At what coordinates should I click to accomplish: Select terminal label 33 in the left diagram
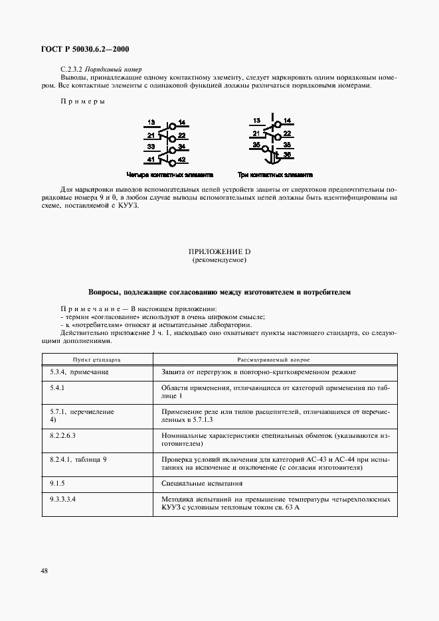pos(151,146)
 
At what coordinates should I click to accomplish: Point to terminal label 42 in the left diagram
pos(181,161)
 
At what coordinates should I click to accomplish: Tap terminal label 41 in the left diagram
pos(151,160)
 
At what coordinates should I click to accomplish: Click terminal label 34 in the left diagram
pos(181,146)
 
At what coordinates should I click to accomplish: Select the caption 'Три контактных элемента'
pos(274,176)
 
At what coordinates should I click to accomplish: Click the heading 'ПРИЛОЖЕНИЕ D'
pos(219,252)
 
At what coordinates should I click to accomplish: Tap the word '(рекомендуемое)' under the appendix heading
pos(219,261)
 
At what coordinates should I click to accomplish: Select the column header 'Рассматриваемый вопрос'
pos(275,358)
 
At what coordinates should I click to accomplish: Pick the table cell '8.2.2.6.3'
pos(63,435)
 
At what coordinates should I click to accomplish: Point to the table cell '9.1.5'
pos(56,483)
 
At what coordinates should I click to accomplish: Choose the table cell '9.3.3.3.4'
pos(63,498)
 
